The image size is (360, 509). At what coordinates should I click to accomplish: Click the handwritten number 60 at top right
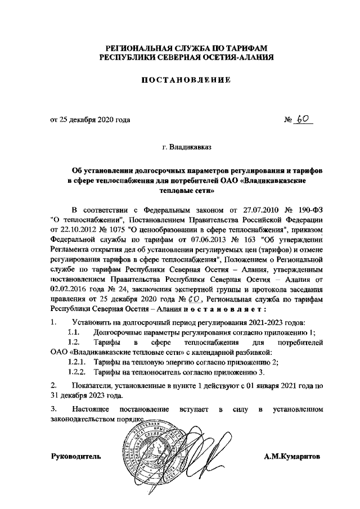pyautogui.click(x=305, y=119)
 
